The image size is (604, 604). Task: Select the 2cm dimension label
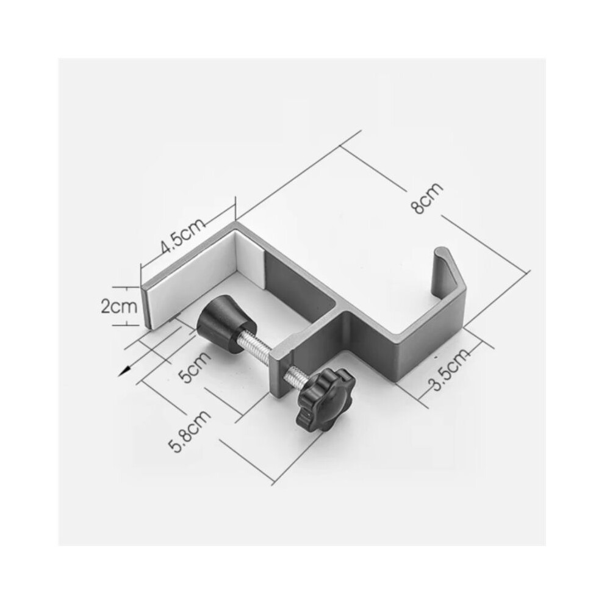tap(119, 307)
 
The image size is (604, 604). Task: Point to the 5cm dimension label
tap(196, 366)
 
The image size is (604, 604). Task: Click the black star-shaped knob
tap(326, 399)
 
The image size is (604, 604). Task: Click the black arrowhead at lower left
tap(124, 372)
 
